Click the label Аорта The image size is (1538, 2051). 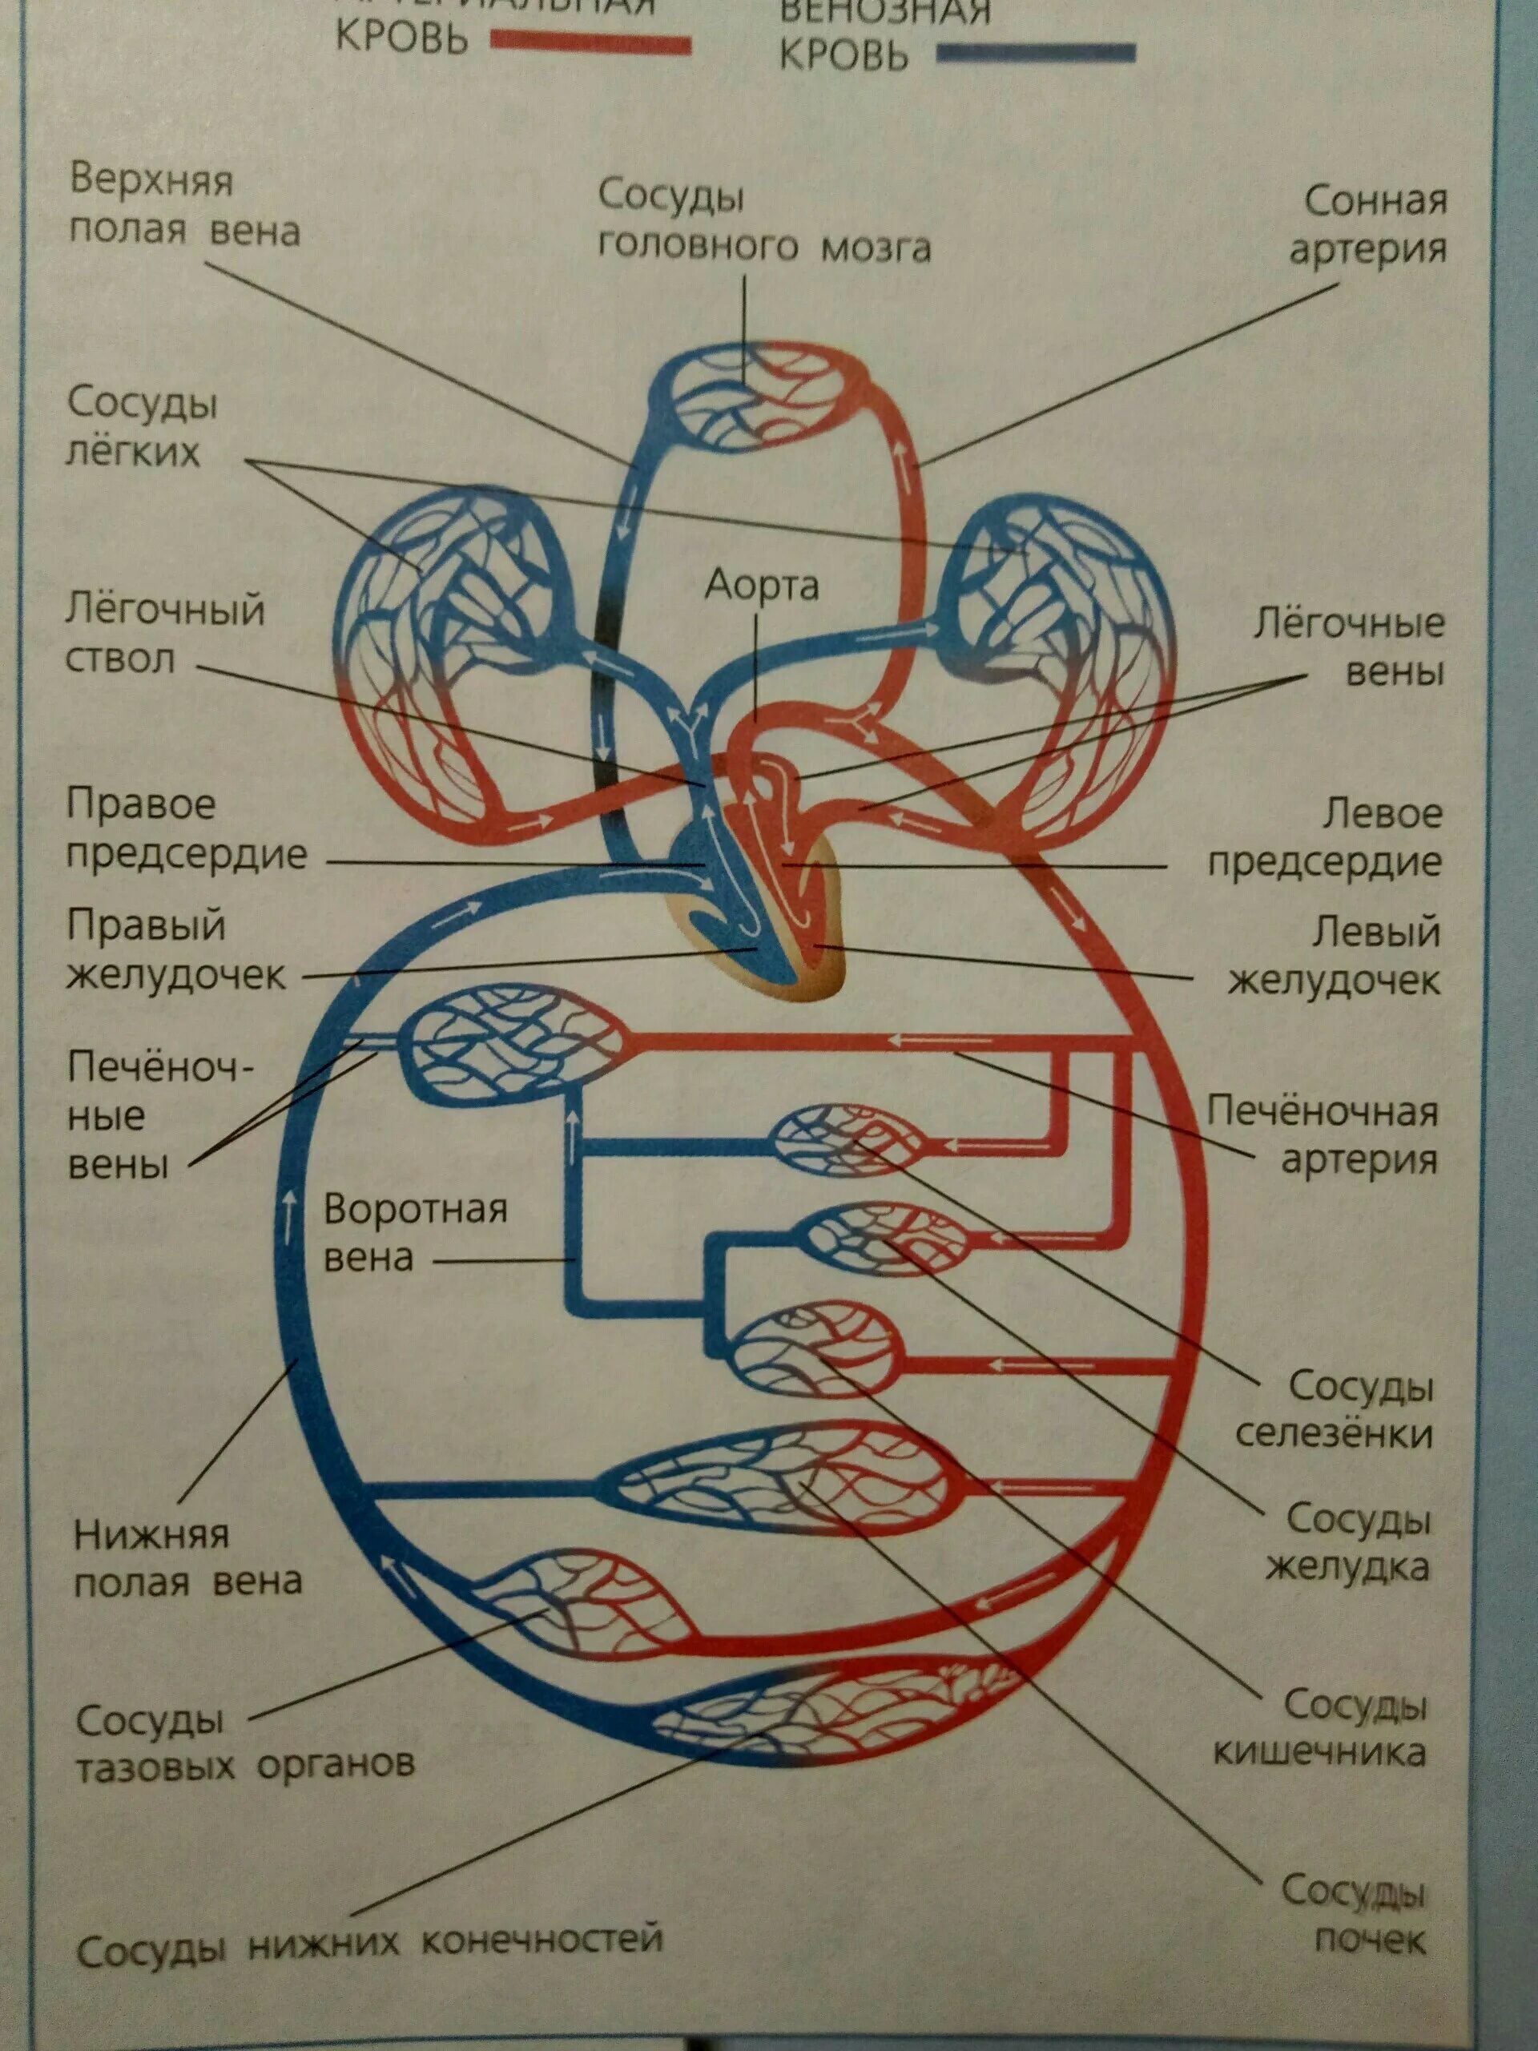coord(761,586)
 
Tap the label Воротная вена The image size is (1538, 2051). coord(414,1234)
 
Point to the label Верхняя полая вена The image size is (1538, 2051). coord(184,206)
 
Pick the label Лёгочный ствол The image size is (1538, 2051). coord(164,635)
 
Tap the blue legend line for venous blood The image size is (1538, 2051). coord(1035,53)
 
